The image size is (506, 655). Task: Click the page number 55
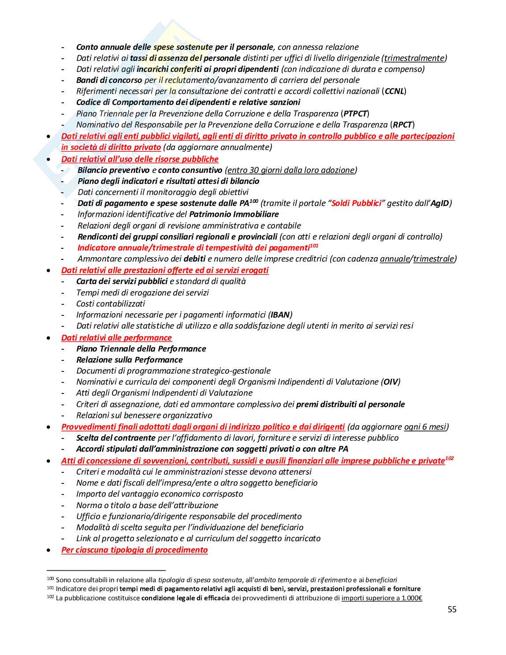point(452,610)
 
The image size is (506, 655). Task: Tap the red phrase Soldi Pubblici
point(356,203)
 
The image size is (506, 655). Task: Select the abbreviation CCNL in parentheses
point(394,91)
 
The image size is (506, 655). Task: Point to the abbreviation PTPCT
point(355,114)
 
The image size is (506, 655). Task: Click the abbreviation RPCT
point(402,125)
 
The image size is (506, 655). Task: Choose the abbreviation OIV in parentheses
point(391,382)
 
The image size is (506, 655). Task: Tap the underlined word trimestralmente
point(414,58)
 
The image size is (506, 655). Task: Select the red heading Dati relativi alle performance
point(116,338)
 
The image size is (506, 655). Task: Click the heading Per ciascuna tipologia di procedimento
point(134,550)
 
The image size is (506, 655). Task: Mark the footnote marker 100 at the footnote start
point(50,579)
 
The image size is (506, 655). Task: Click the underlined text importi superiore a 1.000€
point(382,599)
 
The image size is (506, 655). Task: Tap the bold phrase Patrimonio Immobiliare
point(234,214)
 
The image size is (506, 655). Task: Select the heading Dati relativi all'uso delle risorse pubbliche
point(140,159)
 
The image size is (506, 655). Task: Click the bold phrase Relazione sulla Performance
point(129,360)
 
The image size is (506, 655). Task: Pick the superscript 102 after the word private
point(450,459)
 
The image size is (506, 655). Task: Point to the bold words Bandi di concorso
point(109,80)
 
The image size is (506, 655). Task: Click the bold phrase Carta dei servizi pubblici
point(122,281)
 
